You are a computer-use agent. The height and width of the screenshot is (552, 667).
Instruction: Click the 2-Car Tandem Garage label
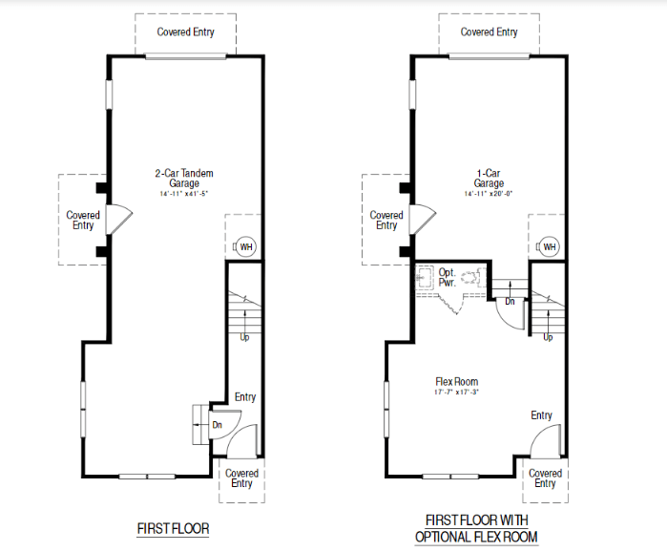pos(184,178)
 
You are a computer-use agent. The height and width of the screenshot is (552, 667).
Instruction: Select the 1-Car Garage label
pos(489,178)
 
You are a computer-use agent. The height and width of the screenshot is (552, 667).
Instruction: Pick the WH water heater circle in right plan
pos(549,247)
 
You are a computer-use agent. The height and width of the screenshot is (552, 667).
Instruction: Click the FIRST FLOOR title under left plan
pos(173,528)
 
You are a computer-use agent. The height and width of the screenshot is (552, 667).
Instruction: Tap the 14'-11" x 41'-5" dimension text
pos(184,194)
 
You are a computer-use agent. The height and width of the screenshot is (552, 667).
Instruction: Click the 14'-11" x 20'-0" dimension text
pos(489,194)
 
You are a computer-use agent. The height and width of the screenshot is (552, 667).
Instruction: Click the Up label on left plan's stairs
pos(244,337)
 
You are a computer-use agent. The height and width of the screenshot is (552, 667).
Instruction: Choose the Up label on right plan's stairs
pos(548,337)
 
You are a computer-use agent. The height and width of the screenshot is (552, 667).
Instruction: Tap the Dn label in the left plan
pos(216,423)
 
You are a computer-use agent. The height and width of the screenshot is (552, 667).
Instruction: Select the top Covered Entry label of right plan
pos(489,32)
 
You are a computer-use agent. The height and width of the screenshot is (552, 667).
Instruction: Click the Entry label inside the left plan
pos(244,397)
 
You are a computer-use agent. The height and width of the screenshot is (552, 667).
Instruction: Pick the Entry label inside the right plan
pos(542,415)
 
